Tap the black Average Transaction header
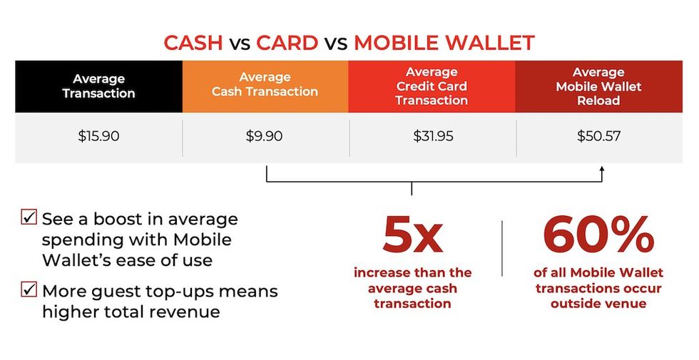[98, 86]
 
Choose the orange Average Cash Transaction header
[265, 85]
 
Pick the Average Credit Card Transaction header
[432, 86]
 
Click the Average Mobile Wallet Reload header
[598, 86]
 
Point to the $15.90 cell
[98, 135]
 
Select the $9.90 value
[265, 135]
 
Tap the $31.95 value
[432, 135]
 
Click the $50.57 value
[599, 135]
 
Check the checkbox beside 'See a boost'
[30, 217]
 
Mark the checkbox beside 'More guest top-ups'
[30, 290]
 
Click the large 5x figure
[412, 236]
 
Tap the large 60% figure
[598, 236]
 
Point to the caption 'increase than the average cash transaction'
[413, 288]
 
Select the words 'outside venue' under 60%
[598, 304]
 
